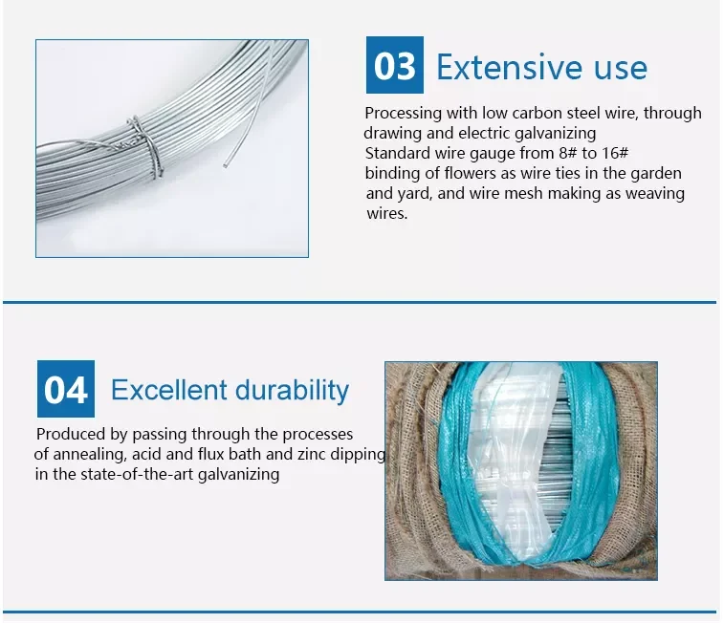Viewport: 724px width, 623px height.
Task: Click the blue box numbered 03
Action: point(394,66)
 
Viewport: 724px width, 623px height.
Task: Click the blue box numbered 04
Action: point(66,389)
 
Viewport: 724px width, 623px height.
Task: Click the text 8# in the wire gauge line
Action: point(554,153)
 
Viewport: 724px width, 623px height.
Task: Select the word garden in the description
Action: point(657,173)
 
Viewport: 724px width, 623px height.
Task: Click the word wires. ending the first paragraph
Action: point(386,213)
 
